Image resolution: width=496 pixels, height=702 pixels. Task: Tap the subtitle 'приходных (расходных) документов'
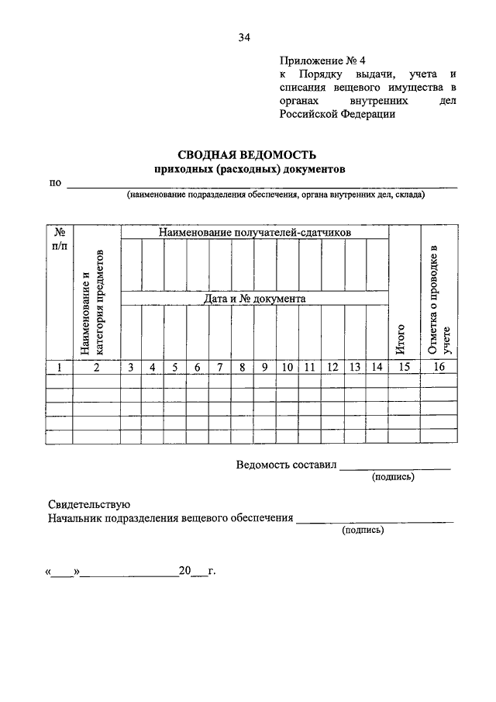(248, 169)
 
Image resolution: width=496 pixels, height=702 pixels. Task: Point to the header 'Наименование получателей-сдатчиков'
(256, 232)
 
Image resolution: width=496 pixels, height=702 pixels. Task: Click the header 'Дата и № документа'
(256, 298)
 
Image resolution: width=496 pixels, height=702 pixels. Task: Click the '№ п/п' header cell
(59, 238)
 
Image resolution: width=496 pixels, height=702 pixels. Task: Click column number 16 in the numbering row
(439, 368)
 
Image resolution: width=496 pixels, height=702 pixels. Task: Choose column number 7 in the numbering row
(220, 368)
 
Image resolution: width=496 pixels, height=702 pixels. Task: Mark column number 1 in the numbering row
(59, 368)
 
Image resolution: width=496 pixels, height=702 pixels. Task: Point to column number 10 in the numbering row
(288, 368)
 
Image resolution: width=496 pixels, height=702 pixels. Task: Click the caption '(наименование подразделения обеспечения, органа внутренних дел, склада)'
(276, 195)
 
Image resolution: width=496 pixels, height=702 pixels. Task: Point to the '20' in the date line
(184, 572)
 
